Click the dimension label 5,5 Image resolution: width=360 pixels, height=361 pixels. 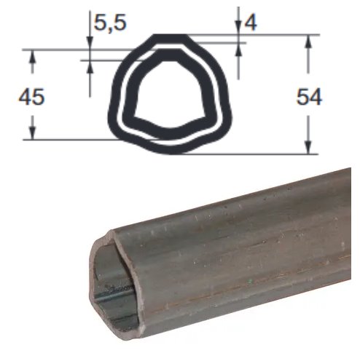(110, 23)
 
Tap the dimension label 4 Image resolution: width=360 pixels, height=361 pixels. (251, 23)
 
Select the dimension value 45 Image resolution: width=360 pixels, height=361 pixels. (31, 97)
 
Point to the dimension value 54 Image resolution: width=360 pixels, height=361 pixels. (309, 97)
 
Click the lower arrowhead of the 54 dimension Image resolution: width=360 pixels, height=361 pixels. (308, 148)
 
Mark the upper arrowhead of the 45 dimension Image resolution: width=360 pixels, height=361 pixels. (32, 57)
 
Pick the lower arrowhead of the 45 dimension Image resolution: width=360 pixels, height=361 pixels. (32, 133)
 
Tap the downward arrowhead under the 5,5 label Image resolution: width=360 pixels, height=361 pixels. (90, 44)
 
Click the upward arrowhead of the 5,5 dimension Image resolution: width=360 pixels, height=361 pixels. (90, 67)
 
